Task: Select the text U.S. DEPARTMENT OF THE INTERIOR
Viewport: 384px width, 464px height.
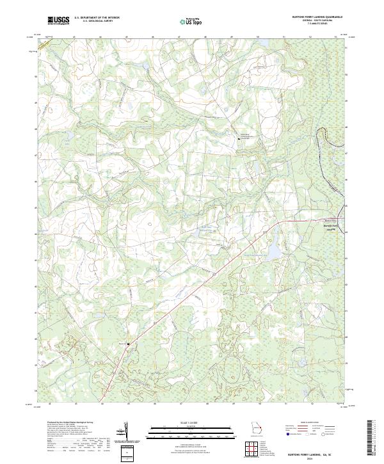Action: tap(97, 18)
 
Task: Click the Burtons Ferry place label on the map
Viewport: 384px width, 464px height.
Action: tap(330, 225)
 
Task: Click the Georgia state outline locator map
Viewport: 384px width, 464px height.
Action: tap(256, 428)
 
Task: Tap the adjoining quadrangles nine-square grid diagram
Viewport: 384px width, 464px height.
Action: tap(253, 449)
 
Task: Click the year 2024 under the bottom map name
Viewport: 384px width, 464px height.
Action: tap(310, 458)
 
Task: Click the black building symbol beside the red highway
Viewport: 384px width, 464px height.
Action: tap(128, 344)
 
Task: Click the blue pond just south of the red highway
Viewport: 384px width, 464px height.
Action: tap(273, 253)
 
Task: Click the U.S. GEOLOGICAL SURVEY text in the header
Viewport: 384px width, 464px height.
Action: tap(97, 21)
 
